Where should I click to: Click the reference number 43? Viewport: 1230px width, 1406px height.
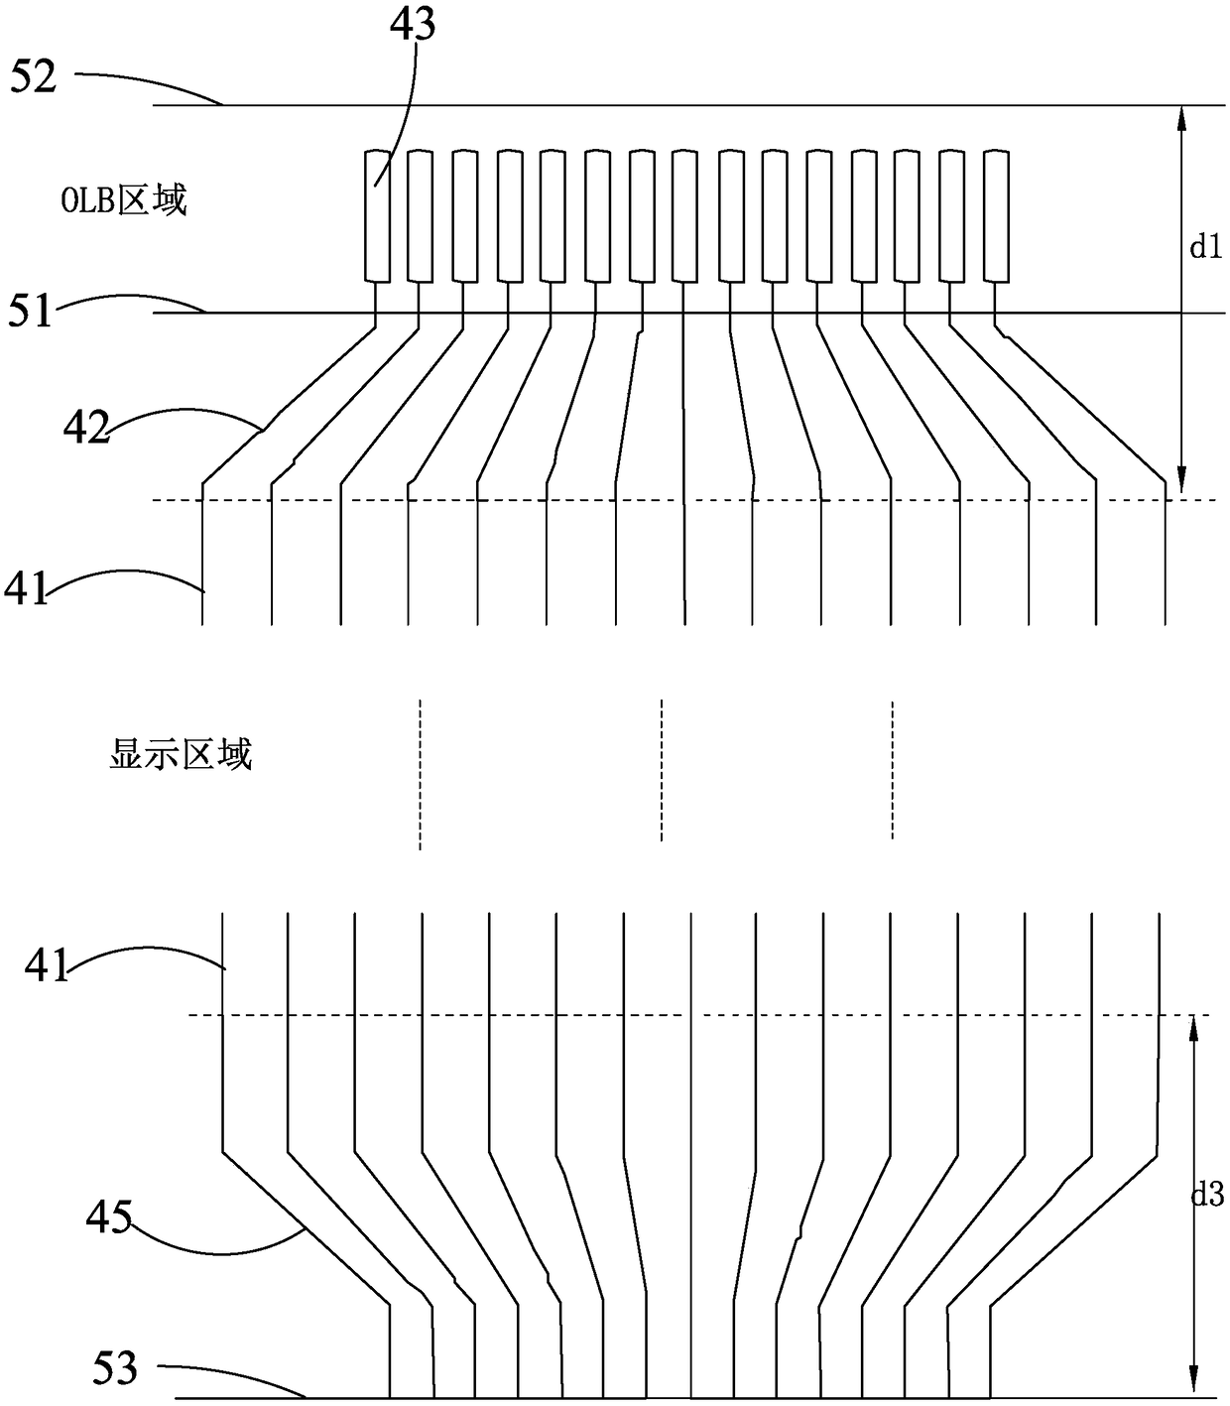coord(412,25)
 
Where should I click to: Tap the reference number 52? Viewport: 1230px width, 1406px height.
coord(34,77)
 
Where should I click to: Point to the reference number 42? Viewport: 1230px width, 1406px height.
coord(86,428)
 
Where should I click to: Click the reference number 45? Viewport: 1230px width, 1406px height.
coord(109,1217)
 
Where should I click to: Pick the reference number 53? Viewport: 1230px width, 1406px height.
coord(115,1370)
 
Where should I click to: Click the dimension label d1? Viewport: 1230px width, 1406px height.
coord(1206,248)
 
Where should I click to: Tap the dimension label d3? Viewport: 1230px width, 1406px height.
coord(1207,1197)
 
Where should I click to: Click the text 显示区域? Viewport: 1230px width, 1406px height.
coord(180,754)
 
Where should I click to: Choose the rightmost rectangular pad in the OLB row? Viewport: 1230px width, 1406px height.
coord(997,215)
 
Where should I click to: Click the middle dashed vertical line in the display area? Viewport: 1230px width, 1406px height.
coord(662,770)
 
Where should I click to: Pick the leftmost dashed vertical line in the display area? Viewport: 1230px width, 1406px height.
coord(420,774)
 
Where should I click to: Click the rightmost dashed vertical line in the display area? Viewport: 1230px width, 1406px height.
coord(893,770)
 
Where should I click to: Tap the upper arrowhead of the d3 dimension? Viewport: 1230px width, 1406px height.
coord(1193,1028)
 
